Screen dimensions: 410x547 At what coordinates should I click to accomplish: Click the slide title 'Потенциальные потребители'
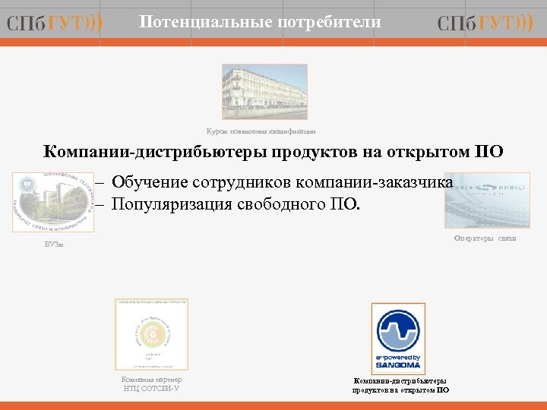(x=261, y=23)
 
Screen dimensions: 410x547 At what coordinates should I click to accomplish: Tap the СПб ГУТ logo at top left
(x=55, y=24)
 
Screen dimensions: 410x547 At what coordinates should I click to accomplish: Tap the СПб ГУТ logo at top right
(x=485, y=24)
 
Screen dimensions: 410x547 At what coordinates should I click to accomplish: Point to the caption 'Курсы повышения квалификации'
(x=261, y=131)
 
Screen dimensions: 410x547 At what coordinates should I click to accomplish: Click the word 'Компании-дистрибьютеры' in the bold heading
(x=141, y=152)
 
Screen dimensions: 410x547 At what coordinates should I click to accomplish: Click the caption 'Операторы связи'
(x=485, y=238)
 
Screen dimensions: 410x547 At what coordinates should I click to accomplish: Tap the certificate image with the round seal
(x=151, y=334)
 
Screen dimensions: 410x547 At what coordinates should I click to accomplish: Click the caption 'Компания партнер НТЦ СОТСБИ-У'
(x=151, y=384)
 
